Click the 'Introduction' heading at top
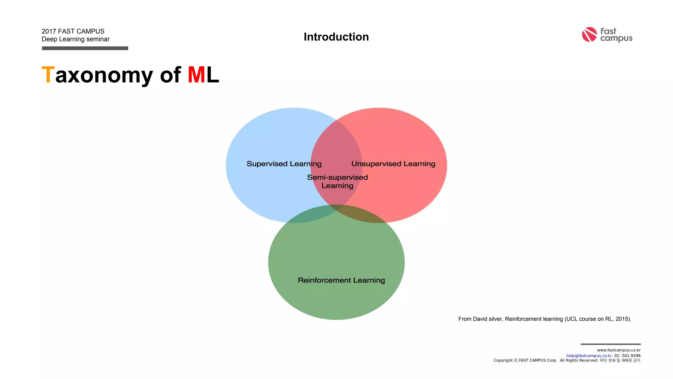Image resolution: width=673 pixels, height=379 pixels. point(336,37)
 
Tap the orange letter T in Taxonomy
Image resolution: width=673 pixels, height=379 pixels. point(48,75)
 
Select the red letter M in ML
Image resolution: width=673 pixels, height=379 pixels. point(197,75)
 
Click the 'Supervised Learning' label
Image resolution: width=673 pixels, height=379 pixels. point(284,164)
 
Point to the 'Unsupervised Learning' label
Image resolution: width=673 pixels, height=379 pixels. point(393,164)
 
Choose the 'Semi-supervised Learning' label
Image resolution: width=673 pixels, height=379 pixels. point(337,181)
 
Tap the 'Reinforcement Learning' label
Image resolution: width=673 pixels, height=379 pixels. point(341,280)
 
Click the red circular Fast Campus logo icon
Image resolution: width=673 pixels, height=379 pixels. point(589,35)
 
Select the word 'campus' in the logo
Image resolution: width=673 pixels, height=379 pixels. point(616,38)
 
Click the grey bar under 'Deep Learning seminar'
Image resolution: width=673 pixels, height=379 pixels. point(85,48)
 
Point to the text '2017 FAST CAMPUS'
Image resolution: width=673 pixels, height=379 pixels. point(73,31)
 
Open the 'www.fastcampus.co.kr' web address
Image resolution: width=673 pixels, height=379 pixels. point(618,350)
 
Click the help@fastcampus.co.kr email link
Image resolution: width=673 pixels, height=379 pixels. point(589,356)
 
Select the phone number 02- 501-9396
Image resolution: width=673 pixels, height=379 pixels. point(627,356)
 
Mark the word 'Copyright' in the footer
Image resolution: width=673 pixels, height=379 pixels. point(503,361)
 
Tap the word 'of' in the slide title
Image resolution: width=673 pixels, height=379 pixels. point(170,75)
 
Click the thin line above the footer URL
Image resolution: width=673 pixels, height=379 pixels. point(611,344)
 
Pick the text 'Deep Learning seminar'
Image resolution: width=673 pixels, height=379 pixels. point(76,39)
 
